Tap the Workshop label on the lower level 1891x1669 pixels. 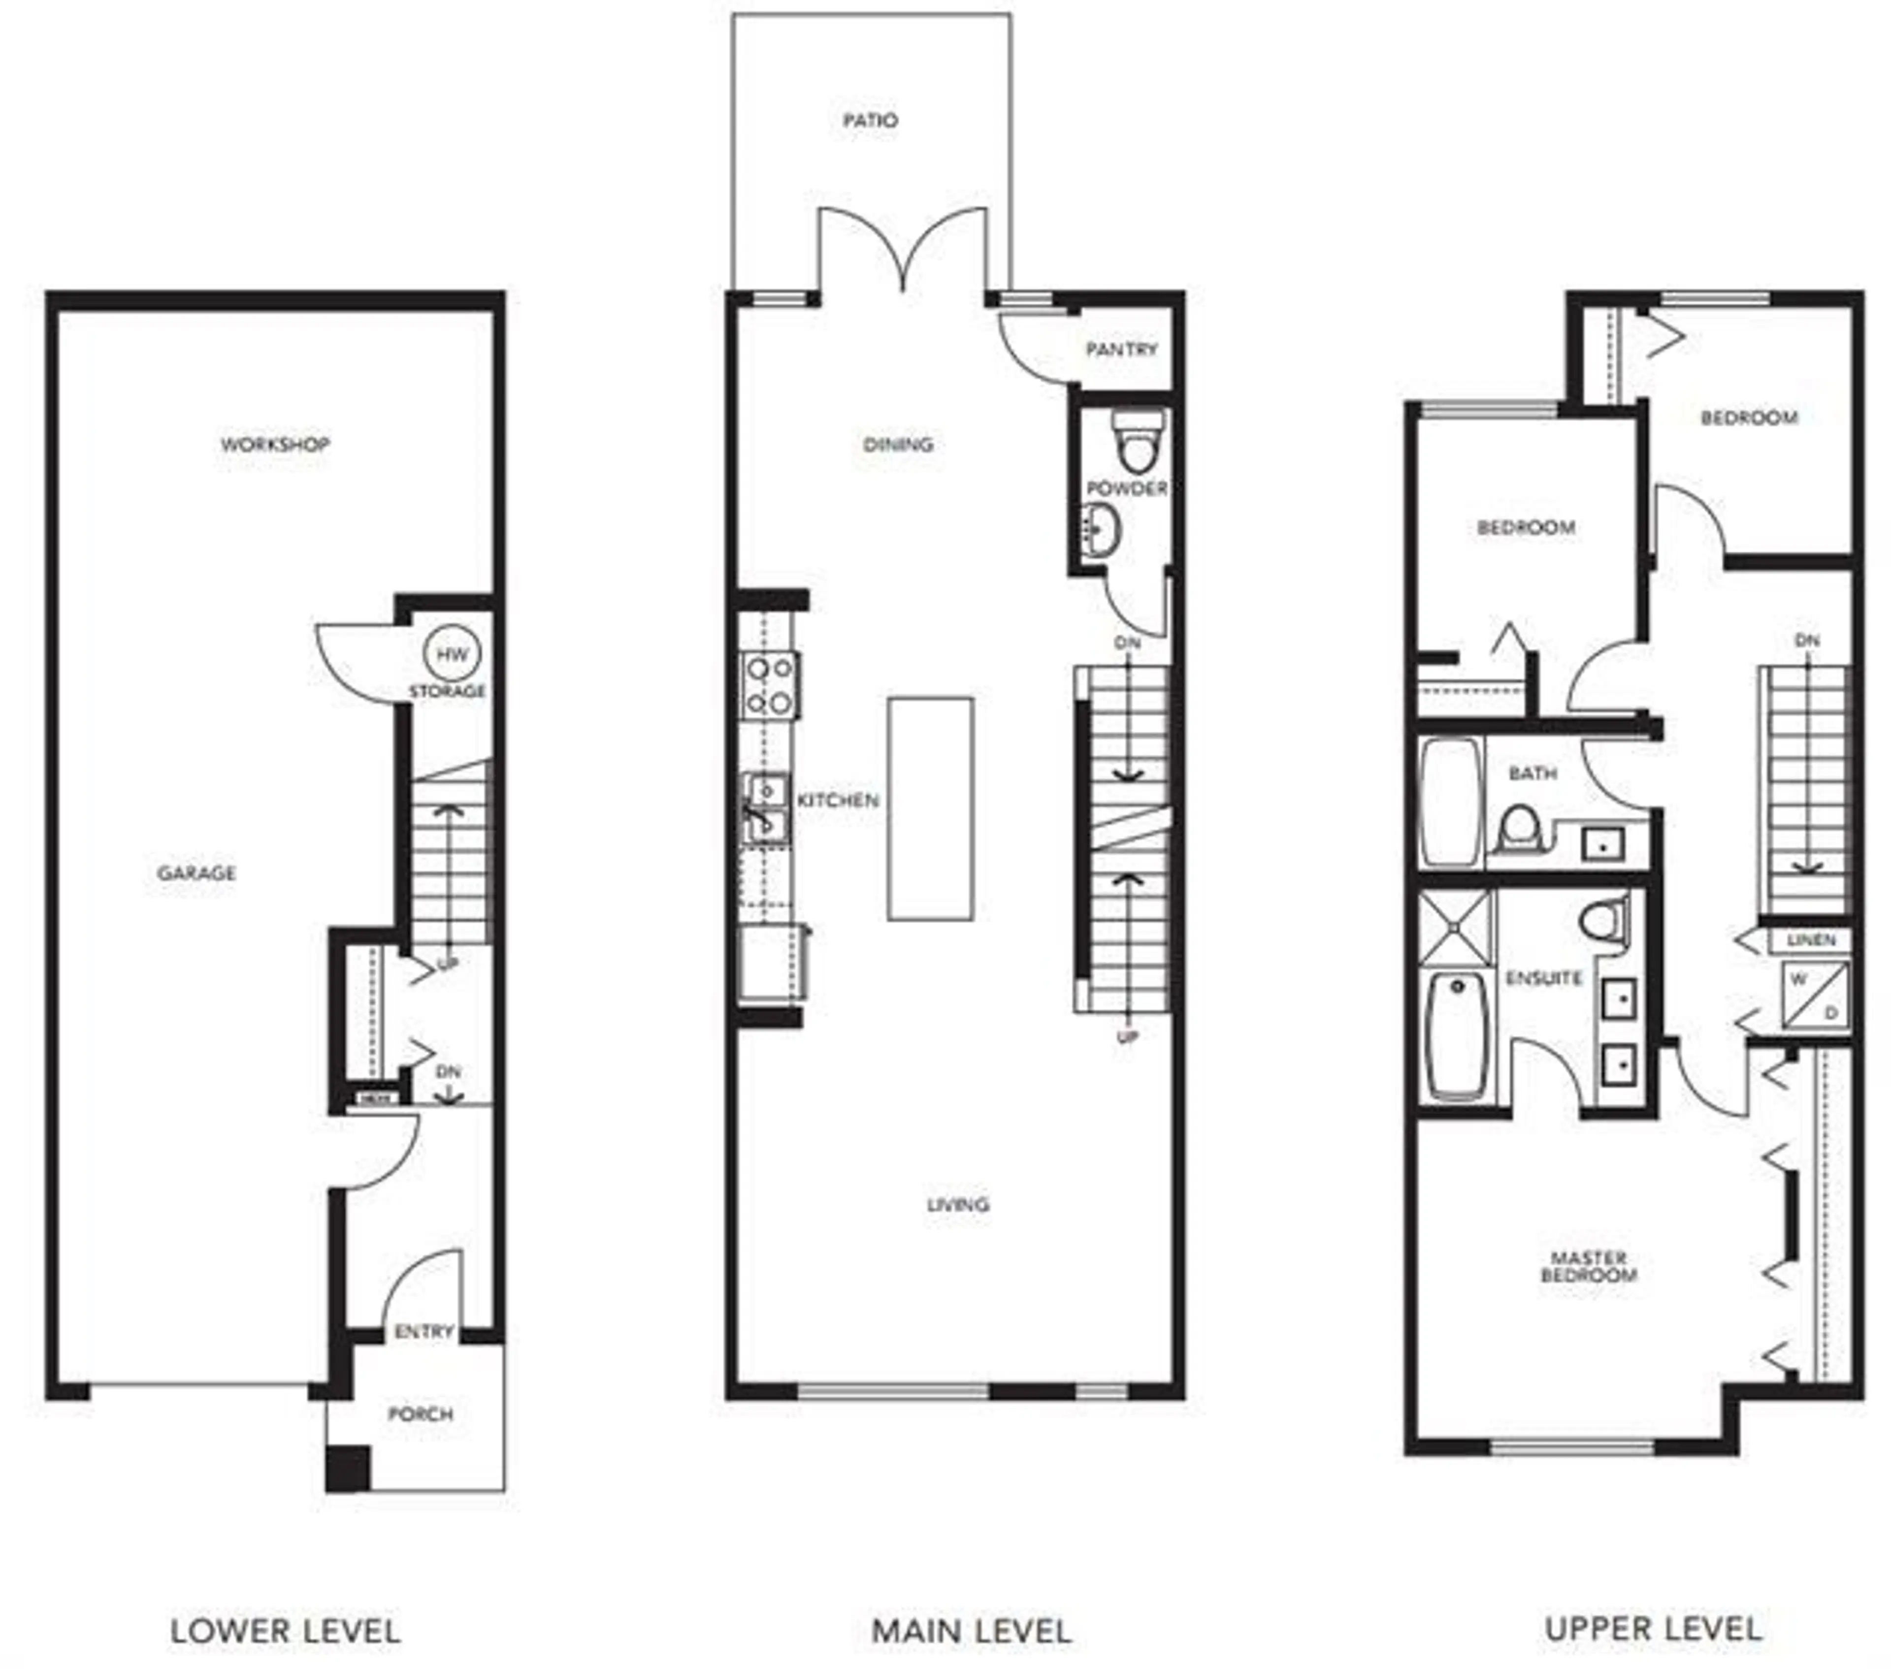coord(275,444)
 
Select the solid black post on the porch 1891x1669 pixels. coord(348,1468)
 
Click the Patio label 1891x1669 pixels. coord(870,120)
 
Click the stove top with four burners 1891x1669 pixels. coord(770,685)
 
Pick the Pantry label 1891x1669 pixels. coord(1121,349)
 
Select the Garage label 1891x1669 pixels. coord(196,872)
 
